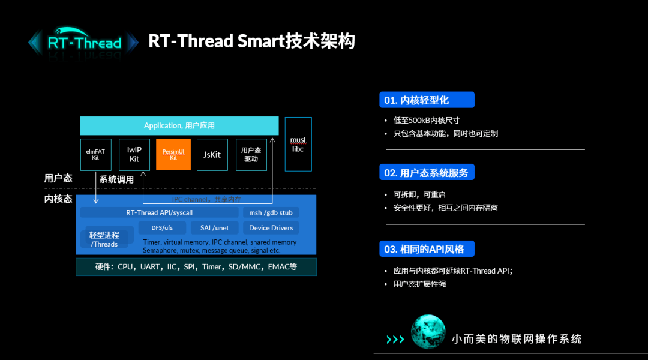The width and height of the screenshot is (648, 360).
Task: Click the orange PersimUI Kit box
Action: (173, 154)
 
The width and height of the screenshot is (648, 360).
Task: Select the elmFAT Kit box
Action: (95, 154)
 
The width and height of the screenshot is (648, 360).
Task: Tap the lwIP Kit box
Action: (134, 154)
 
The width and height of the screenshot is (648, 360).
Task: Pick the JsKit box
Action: (212, 154)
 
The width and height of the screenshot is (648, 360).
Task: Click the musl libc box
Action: (298, 144)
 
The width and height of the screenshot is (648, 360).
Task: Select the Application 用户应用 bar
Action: (179, 125)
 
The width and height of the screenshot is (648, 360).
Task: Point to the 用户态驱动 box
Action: (251, 154)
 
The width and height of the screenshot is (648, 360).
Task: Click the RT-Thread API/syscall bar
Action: (159, 212)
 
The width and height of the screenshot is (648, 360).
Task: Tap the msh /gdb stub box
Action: (271, 212)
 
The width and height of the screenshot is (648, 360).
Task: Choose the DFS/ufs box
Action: (161, 228)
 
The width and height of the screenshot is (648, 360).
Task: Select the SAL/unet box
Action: (214, 228)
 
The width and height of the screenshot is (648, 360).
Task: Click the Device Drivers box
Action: (271, 228)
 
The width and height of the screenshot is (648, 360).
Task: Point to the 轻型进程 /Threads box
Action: (104, 239)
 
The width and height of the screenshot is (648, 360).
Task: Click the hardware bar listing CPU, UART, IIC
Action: (196, 266)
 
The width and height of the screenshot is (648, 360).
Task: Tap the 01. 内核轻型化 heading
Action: (427, 100)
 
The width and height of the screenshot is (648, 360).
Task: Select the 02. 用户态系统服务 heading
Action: (427, 173)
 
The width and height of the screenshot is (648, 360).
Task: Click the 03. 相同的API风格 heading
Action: (427, 249)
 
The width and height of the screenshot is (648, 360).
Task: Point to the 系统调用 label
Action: (116, 179)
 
